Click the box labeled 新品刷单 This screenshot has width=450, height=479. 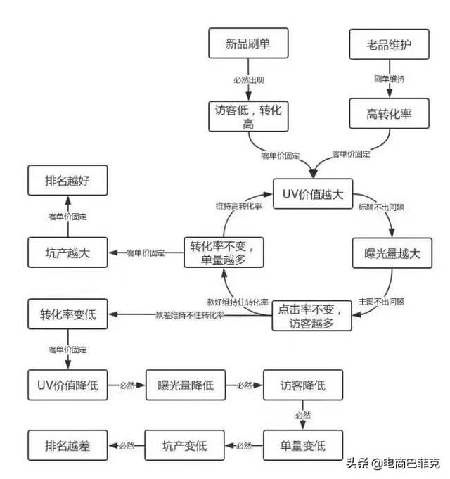248,43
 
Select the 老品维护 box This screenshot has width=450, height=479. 389,44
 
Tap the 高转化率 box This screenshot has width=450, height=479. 389,113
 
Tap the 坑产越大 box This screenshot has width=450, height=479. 68,253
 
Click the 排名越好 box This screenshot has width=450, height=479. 68,180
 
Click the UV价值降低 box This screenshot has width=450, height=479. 68,385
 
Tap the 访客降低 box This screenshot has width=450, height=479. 302,385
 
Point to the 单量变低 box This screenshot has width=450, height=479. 303,445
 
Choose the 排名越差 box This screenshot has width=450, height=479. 68,445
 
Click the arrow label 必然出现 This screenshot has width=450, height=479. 248,80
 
